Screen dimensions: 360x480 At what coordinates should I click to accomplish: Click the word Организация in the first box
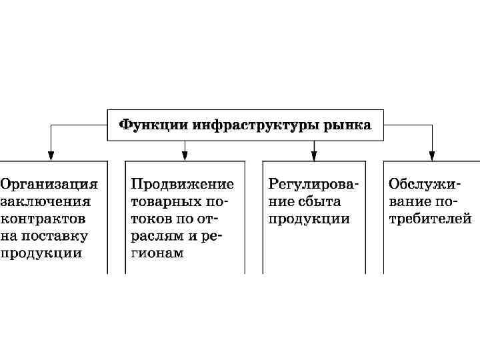pyautogui.click(x=49, y=183)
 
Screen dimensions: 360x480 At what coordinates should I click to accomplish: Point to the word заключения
pyautogui.click(x=45, y=201)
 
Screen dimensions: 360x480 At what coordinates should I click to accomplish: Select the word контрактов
pyautogui.click(x=43, y=218)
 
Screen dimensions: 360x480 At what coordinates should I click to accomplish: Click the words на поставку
pyautogui.click(x=44, y=235)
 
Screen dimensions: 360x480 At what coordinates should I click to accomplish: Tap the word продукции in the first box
pyautogui.click(x=41, y=253)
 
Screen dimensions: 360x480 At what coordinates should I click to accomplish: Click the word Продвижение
pyautogui.click(x=183, y=183)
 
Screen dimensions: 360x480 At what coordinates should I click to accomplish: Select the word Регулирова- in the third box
pyautogui.click(x=313, y=183)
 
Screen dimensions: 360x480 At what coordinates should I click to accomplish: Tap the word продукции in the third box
pyautogui.click(x=309, y=218)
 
